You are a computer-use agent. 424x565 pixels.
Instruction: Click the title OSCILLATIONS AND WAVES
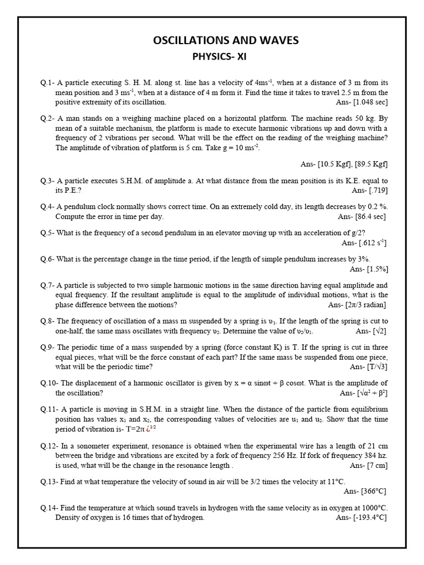[x=225, y=40]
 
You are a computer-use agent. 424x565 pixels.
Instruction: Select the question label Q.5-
[x=47, y=233]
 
